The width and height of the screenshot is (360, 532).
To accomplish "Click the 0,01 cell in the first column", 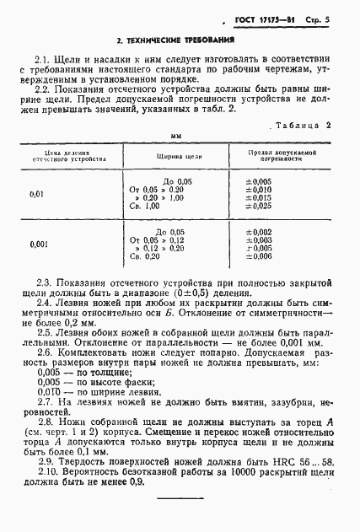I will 37,194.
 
